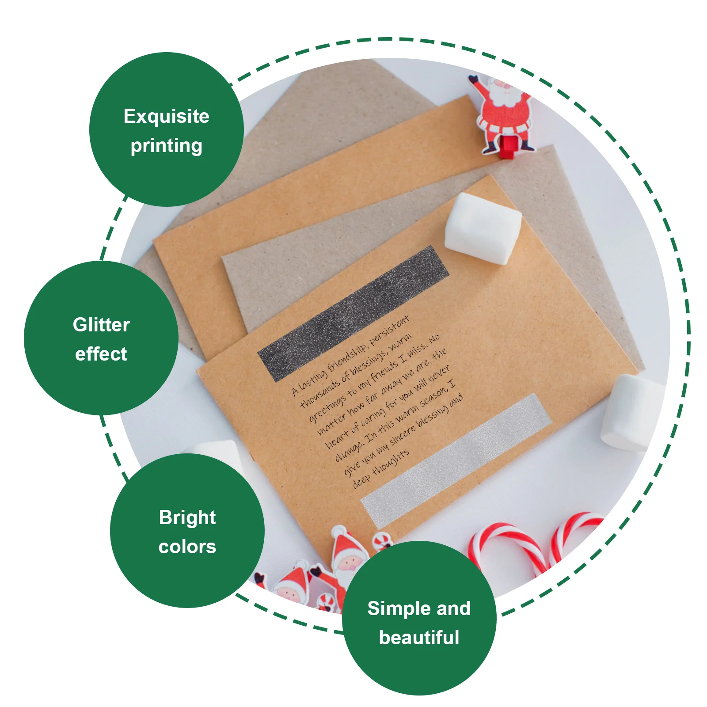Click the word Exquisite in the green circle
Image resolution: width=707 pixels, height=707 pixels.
click(166, 117)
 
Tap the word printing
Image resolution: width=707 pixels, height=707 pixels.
click(166, 146)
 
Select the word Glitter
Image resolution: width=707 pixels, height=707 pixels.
click(101, 325)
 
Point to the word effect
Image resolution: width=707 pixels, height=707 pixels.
click(101, 354)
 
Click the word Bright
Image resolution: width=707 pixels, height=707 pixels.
click(187, 517)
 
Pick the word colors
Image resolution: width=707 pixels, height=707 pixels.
click(187, 547)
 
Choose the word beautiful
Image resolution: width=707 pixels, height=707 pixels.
click(419, 638)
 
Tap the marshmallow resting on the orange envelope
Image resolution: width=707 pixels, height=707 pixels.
click(483, 228)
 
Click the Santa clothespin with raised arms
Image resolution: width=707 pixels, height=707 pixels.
click(503, 110)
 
